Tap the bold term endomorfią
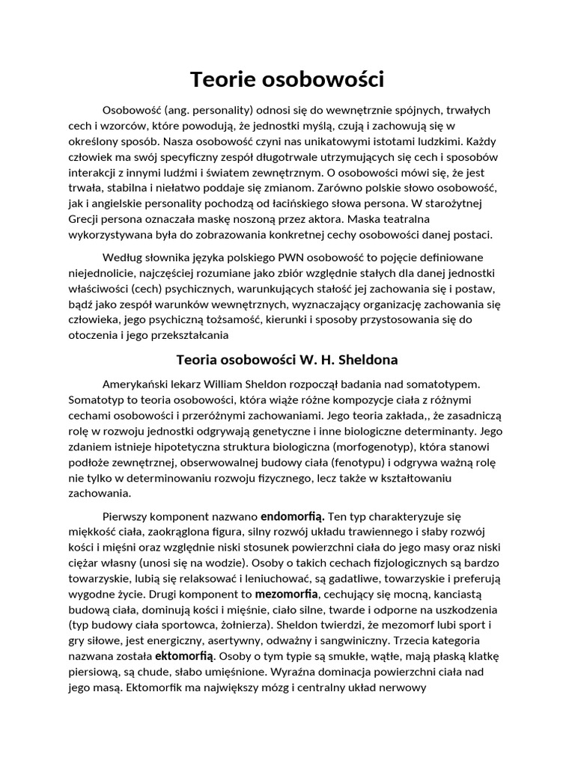point(292,516)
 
